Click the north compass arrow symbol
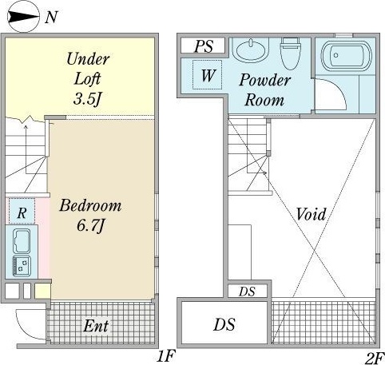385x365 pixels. coord(23,17)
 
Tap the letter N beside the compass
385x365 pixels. coord(50,17)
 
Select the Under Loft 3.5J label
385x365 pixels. coord(88,79)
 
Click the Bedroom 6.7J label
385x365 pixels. coord(90,216)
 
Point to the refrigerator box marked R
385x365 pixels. coord(22,211)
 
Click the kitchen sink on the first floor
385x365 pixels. coord(22,240)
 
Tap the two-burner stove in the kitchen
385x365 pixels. coord(22,266)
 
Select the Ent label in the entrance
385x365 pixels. coord(96,326)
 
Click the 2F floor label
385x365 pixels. coord(375,358)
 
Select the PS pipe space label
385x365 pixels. coord(204,46)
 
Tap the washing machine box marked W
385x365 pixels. coord(208,75)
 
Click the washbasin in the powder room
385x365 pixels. coord(251,50)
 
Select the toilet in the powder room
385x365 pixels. coord(291,53)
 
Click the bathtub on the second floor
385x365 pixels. coord(347,55)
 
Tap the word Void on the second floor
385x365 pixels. coord(312,214)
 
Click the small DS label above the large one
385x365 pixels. coord(247,292)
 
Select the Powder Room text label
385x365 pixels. coord(264,90)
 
